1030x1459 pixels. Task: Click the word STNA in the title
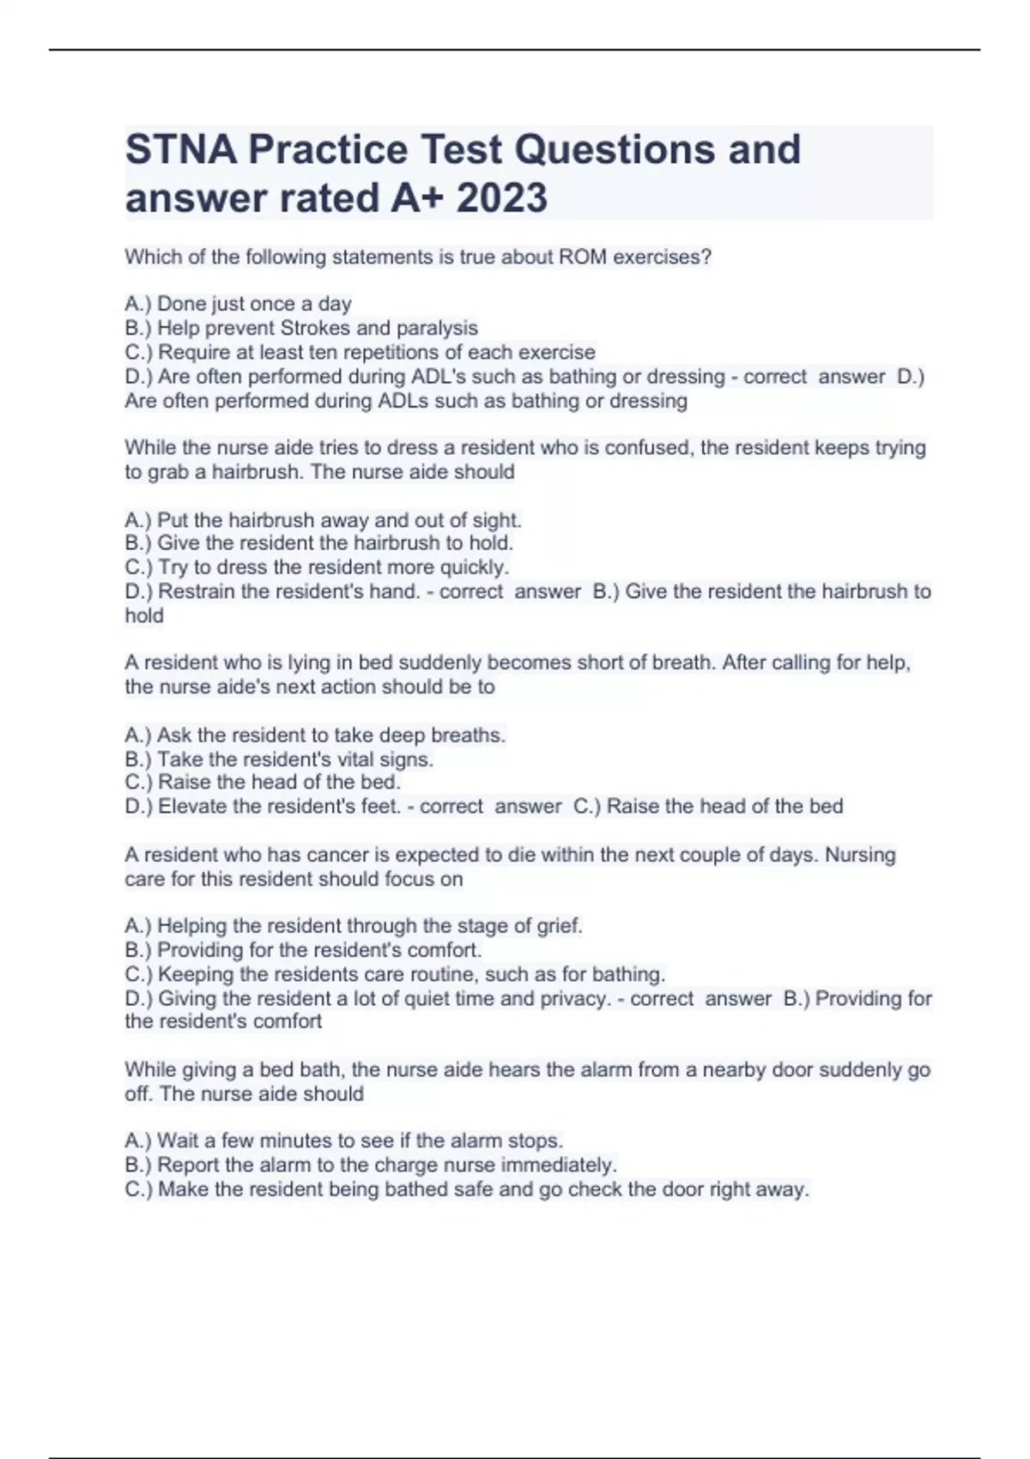click(181, 149)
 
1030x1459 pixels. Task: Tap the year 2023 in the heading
click(501, 198)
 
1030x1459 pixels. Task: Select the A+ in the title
click(417, 198)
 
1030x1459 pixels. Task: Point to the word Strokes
click(315, 328)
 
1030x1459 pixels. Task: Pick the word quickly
click(474, 567)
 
